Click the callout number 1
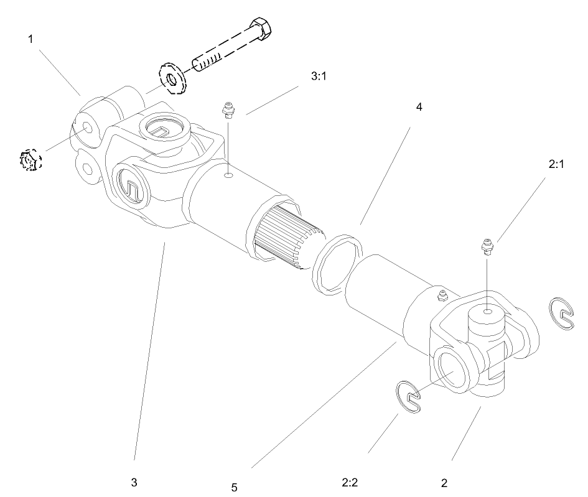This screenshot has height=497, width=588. [x=30, y=39]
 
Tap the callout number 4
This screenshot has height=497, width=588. [x=419, y=107]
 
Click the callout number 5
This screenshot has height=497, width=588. [x=234, y=488]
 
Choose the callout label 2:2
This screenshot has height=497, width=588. [x=350, y=482]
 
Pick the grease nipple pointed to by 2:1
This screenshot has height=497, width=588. [x=487, y=247]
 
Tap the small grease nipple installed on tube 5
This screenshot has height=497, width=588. [x=442, y=295]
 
